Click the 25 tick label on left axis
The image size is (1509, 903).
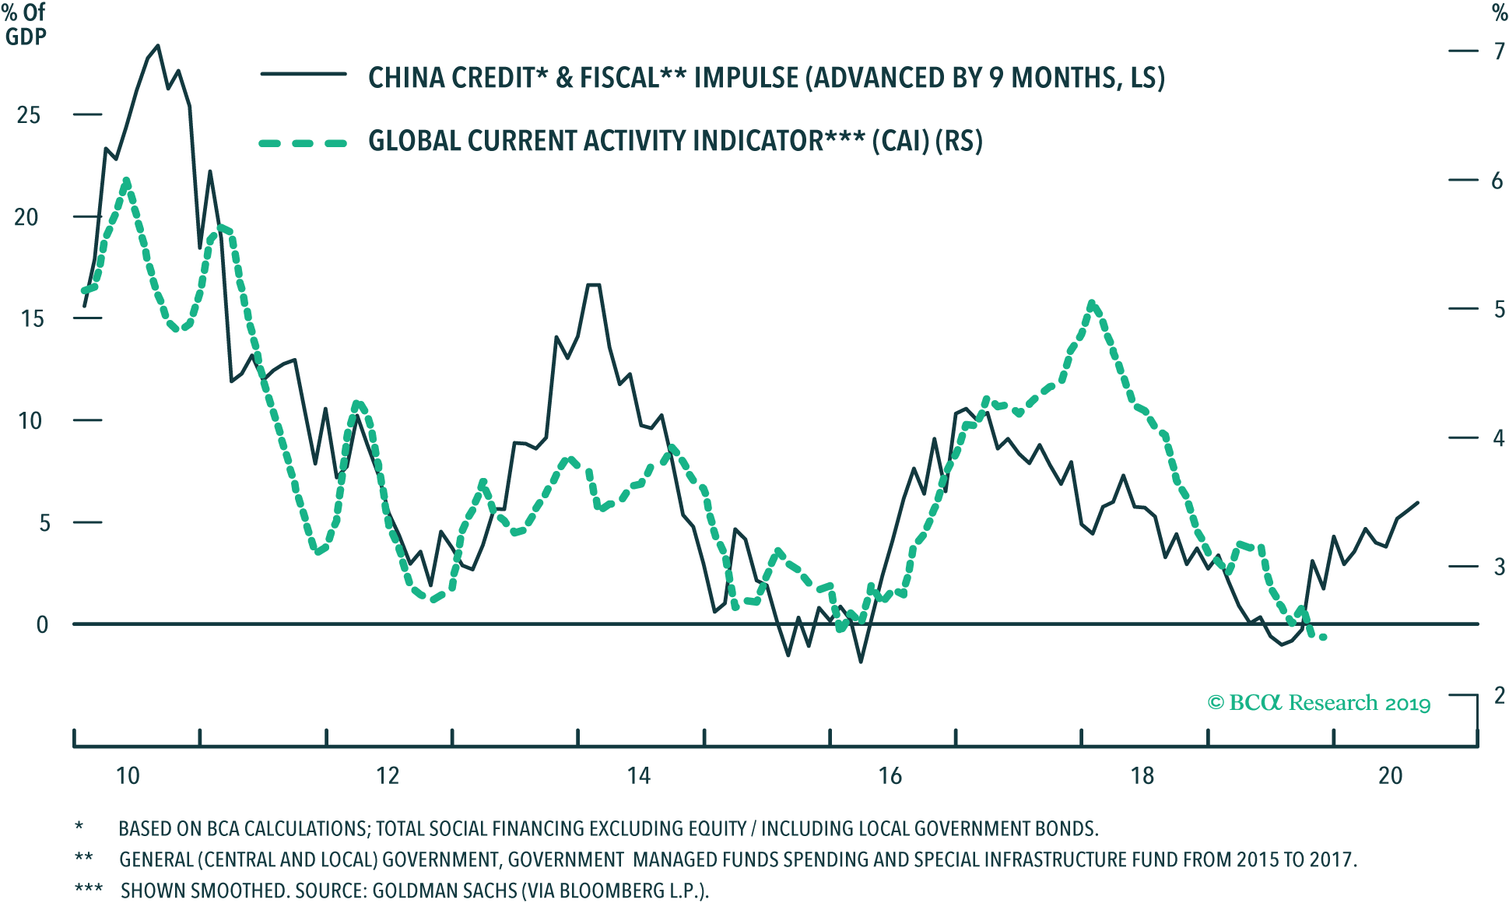(28, 115)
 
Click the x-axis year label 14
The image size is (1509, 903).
(638, 776)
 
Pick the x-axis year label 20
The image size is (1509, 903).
(1390, 776)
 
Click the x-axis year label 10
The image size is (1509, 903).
(128, 776)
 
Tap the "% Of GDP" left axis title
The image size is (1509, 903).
(25, 25)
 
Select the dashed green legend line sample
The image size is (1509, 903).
(303, 143)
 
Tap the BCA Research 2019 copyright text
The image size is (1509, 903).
(1319, 704)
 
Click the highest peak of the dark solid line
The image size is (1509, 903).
(158, 45)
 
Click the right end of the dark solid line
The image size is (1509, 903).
(1418, 503)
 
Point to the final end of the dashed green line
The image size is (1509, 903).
(1323, 638)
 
